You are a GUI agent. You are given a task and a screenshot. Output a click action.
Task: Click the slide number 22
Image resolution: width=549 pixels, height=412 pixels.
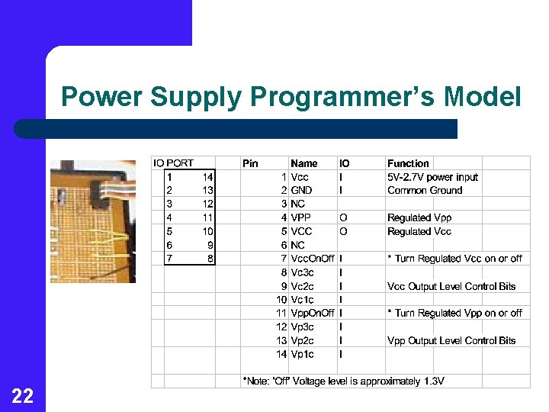tap(22, 395)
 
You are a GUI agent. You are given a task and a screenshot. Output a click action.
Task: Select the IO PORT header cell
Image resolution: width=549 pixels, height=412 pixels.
tap(173, 163)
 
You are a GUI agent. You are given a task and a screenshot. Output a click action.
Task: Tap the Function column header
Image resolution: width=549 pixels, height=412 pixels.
tap(408, 163)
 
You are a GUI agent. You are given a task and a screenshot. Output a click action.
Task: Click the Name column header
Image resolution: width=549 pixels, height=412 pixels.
tap(304, 163)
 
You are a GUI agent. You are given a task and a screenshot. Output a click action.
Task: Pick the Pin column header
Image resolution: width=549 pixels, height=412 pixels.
tap(250, 163)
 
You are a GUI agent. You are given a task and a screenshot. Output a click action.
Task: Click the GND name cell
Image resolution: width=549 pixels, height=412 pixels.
tap(301, 191)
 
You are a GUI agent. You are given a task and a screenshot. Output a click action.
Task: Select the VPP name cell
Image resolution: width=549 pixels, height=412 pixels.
tap(300, 218)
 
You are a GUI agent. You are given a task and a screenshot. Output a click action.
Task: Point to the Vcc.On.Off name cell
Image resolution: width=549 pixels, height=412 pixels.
tap(312, 259)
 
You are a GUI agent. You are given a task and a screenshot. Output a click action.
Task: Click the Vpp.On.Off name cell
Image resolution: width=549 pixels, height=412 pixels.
tap(312, 313)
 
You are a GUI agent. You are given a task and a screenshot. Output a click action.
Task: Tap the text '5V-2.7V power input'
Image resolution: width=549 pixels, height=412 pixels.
tap(432, 177)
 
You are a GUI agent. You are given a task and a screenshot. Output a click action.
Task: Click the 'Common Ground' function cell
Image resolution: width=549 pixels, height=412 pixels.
tap(425, 191)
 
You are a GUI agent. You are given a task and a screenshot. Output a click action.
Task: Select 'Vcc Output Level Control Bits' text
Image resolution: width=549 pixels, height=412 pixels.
tap(451, 286)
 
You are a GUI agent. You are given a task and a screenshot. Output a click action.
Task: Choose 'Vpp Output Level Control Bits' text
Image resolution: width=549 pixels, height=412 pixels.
tap(451, 340)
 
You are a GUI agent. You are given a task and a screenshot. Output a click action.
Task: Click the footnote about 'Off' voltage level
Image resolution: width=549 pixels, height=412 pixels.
tap(343, 381)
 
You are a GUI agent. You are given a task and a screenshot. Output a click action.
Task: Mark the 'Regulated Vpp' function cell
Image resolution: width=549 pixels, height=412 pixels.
tap(419, 218)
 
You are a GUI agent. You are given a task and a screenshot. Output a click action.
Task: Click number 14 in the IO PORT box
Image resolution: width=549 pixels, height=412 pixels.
tap(207, 177)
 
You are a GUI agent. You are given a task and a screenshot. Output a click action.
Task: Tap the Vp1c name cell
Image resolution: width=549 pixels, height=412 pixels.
tap(302, 354)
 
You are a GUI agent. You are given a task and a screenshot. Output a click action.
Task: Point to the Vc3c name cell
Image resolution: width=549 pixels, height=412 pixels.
tap(302, 272)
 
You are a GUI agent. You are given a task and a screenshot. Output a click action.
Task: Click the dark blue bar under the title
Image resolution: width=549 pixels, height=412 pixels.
tap(236, 129)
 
